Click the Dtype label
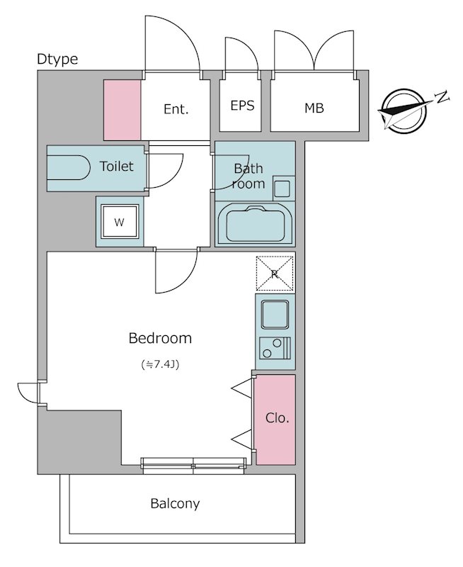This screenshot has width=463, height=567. tap(57, 60)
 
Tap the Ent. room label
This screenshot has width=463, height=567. tap(176, 109)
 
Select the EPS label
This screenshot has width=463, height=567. tap(242, 105)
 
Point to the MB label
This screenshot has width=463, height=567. tap(314, 108)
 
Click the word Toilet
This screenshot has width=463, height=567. tap(116, 167)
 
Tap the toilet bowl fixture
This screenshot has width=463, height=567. tap(69, 167)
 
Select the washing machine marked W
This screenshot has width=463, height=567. tap(120, 222)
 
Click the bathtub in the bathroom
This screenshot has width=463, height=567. tap(255, 224)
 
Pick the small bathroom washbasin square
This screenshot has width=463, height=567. tap(282, 188)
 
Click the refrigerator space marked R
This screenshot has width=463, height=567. tap(275, 274)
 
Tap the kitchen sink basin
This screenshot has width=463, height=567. tap(275, 314)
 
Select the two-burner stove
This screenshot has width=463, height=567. tap(275, 348)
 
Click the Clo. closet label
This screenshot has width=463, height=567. tap(278, 418)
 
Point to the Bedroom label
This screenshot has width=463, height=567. tap(160, 338)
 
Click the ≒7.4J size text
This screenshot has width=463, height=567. tap(160, 364)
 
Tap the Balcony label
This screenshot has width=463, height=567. tap(175, 504)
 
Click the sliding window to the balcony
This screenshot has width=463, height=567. tap(193, 466)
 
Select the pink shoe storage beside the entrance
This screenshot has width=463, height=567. tap(122, 110)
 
